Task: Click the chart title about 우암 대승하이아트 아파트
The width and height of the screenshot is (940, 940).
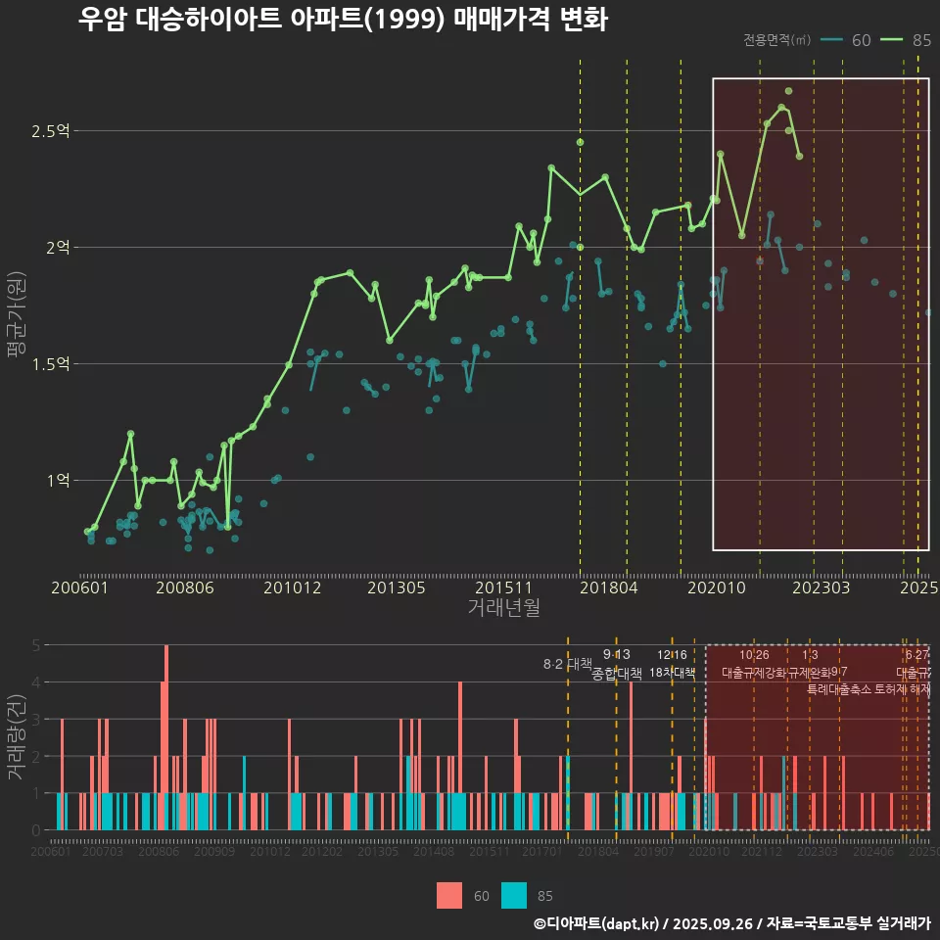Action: tap(343, 20)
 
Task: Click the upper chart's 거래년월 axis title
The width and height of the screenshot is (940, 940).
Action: tap(503, 608)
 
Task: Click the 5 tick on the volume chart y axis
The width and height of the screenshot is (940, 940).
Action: tap(36, 645)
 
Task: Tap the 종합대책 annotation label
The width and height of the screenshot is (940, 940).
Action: tap(617, 674)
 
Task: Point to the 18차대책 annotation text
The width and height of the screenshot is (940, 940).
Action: tap(672, 673)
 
